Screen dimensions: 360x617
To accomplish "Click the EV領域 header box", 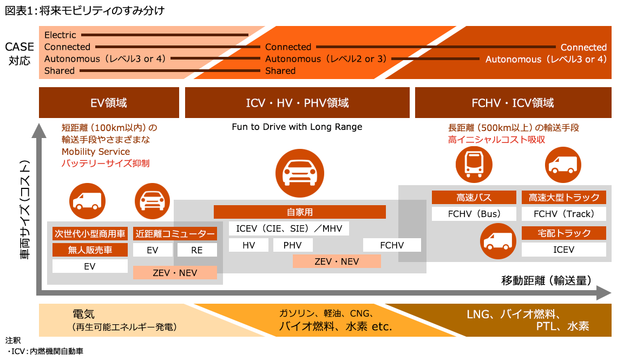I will coord(109,102).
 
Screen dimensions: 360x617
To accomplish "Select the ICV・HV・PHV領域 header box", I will coord(297,102).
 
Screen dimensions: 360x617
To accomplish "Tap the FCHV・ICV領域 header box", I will coord(513,102).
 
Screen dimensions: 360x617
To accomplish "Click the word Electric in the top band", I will coord(60,35).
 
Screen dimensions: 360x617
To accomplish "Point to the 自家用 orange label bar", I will coord(300,212).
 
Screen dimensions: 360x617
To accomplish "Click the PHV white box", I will coord(292,245).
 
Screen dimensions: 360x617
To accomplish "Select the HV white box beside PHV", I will coord(248,245).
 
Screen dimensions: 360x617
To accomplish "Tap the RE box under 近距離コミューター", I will coord(197,250).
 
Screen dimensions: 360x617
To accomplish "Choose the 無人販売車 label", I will coord(90,250).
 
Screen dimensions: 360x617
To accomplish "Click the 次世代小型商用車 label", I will coord(90,234).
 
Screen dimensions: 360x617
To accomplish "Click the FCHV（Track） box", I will coord(563,214).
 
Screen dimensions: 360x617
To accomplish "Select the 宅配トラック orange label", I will coord(563,233).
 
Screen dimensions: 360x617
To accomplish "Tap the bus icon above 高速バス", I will coord(474,163).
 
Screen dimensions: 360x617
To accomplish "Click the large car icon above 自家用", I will coord(299,173).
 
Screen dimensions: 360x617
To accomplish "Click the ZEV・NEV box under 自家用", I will coord(337,261).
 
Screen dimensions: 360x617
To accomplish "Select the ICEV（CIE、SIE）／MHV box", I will coord(289,228).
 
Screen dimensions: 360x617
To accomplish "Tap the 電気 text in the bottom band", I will coord(83,314).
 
